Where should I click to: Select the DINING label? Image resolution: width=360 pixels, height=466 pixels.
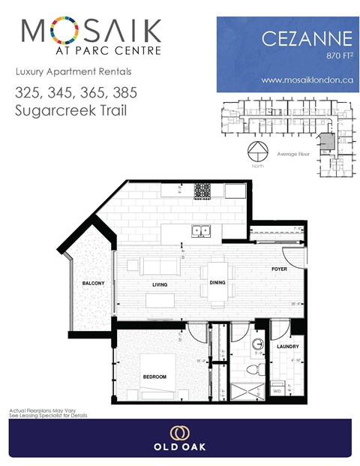click(x=218, y=283)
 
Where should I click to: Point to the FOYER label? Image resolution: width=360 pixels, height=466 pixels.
click(x=280, y=268)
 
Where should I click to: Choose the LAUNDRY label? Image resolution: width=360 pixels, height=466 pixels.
click(x=287, y=347)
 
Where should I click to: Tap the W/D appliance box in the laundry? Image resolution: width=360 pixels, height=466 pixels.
click(x=277, y=390)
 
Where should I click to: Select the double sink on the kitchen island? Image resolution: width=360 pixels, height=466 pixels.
click(x=200, y=231)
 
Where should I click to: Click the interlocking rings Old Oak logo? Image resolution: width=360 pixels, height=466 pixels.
click(x=179, y=433)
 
